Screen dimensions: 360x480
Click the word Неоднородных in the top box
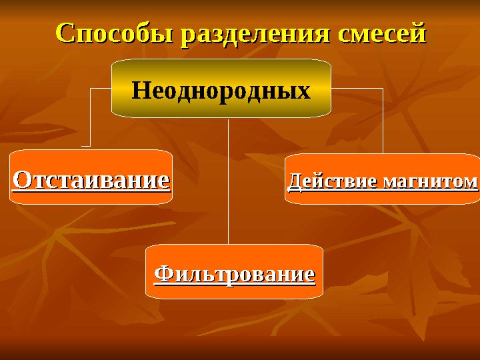(x=221, y=90)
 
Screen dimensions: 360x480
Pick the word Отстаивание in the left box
(x=91, y=179)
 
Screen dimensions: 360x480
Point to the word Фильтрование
(x=234, y=273)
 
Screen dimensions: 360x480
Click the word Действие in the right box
(x=325, y=181)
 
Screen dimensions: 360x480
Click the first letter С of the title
(x=64, y=33)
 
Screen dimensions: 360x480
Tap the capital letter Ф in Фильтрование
(x=162, y=273)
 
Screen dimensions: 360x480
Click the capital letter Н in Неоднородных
(x=139, y=90)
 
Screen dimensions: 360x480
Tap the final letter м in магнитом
(x=472, y=182)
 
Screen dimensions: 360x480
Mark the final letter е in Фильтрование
(x=309, y=274)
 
